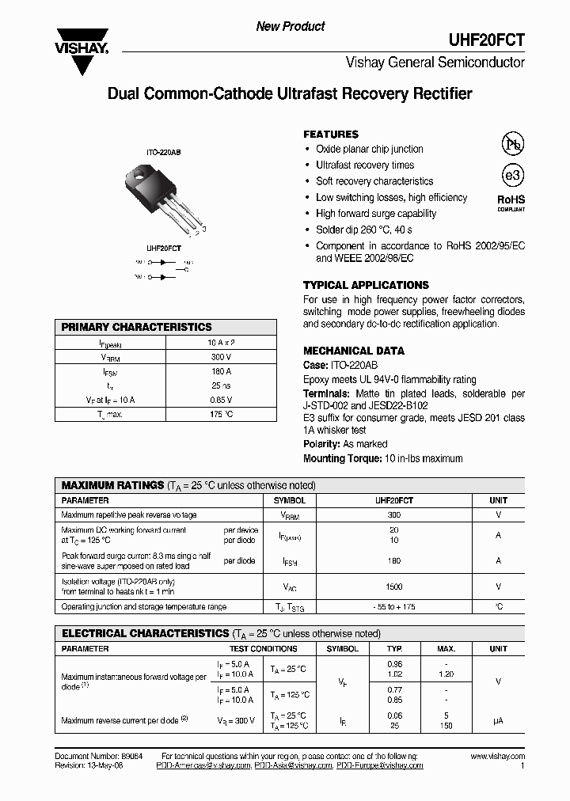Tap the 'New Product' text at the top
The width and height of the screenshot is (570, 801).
click(290, 26)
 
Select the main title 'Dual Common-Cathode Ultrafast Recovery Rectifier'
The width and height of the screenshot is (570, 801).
click(289, 94)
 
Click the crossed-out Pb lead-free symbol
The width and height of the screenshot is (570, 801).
click(513, 144)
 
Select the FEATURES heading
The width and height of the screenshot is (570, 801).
click(331, 135)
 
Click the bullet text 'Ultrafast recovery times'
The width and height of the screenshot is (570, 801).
click(365, 165)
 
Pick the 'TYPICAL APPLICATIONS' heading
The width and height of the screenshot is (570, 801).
click(366, 285)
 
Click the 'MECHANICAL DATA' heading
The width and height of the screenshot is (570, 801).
click(353, 351)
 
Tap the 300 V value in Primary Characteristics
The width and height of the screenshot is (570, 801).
click(220, 357)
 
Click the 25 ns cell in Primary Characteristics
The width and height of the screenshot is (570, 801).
click(220, 385)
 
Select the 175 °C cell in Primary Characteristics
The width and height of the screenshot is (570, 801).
click(220, 414)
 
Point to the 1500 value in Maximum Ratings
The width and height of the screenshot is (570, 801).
click(393, 587)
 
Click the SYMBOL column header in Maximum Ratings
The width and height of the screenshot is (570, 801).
click(289, 500)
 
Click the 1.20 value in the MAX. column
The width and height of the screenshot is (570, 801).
click(446, 674)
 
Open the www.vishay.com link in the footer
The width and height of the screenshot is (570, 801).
click(497, 757)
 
